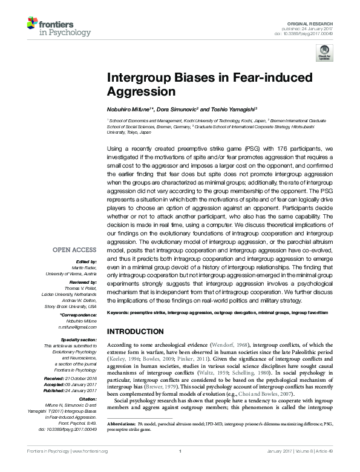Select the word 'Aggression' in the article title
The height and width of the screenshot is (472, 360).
tap(141, 92)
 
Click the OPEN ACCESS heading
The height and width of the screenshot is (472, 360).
tap(74, 249)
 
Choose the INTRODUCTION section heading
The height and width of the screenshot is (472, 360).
tap(136, 332)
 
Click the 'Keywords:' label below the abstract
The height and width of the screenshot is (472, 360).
tap(119, 313)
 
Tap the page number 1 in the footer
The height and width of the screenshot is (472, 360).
tap(180, 468)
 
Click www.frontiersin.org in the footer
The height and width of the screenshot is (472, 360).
tap(90, 468)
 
